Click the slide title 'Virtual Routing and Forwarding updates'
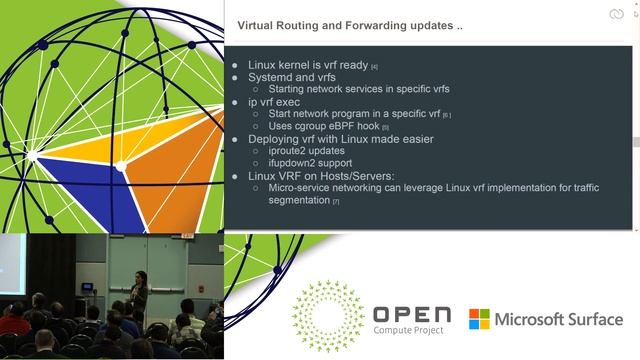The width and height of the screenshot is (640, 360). pyautogui.click(x=349, y=25)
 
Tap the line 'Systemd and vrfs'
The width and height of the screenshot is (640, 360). pyautogui.click(x=291, y=78)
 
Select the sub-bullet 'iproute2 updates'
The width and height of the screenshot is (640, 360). pyautogui.click(x=311, y=151)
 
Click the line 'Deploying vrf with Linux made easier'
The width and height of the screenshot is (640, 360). pyautogui.click(x=340, y=139)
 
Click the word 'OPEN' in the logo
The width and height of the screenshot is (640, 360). pyautogui.click(x=411, y=315)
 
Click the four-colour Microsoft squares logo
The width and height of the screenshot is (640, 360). pyautogui.click(x=480, y=319)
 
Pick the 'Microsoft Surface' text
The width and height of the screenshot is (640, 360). pyautogui.click(x=560, y=319)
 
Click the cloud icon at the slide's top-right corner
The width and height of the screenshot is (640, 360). pyautogui.click(x=615, y=14)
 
